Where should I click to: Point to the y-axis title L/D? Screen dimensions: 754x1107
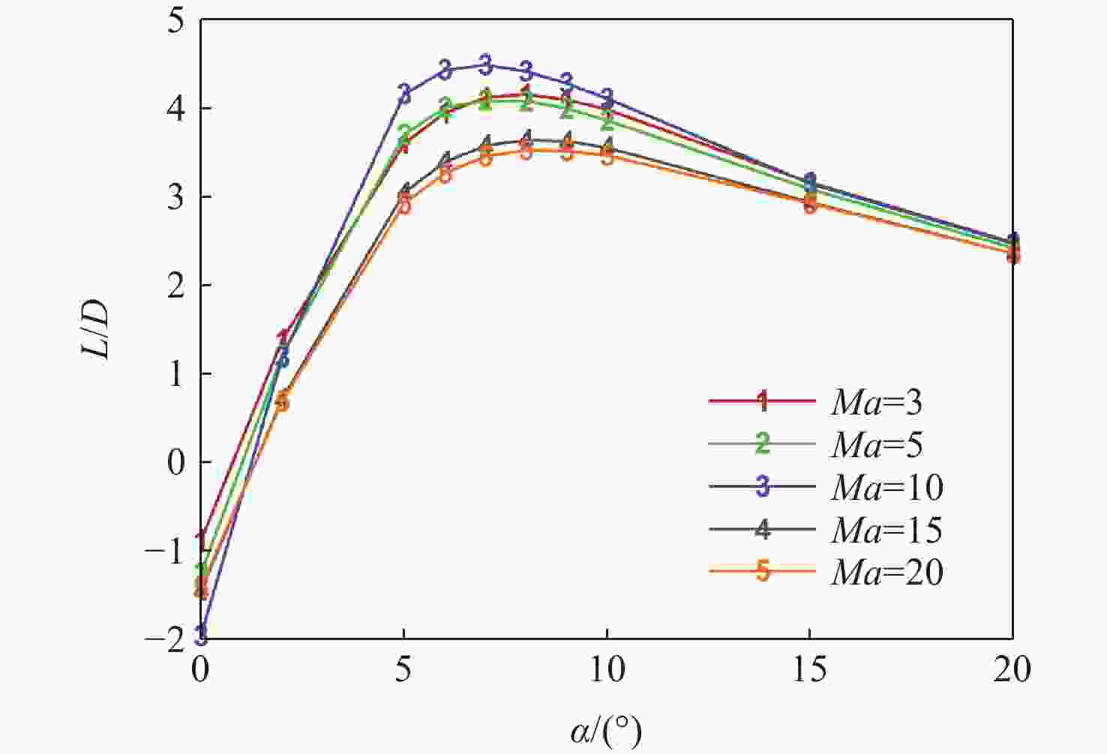click(98, 330)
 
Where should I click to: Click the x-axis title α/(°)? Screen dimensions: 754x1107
click(606, 731)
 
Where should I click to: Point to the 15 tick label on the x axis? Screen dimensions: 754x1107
click(809, 669)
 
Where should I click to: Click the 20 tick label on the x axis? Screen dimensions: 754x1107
click(1012, 669)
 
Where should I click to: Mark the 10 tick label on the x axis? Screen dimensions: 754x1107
click(606, 669)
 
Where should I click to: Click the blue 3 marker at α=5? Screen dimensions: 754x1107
click(404, 94)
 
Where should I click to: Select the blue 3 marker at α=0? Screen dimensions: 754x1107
click(201, 636)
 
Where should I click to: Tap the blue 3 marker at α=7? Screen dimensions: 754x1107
click(485, 64)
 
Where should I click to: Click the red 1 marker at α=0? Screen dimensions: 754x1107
click(201, 539)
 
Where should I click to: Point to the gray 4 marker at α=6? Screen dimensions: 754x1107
click(445, 160)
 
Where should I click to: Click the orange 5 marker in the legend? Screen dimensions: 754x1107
click(762, 572)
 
